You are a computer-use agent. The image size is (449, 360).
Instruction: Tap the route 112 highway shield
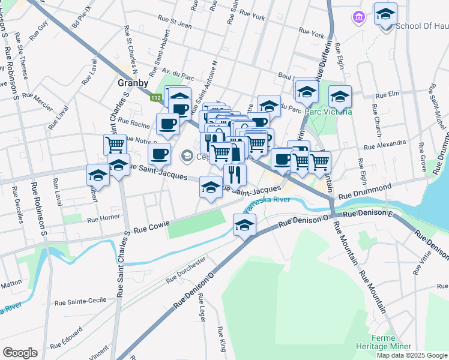[x=157, y=98]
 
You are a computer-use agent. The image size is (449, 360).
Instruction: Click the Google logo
[x=20, y=353]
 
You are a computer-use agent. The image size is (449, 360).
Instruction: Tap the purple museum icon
[x=359, y=17]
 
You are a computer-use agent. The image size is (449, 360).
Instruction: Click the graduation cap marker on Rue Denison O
[x=244, y=225]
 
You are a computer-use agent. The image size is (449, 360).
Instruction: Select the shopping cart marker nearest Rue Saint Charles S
[x=115, y=144]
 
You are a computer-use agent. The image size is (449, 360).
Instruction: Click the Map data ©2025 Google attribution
[x=412, y=355]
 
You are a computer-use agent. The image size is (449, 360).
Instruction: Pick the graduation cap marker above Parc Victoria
[x=340, y=96]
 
